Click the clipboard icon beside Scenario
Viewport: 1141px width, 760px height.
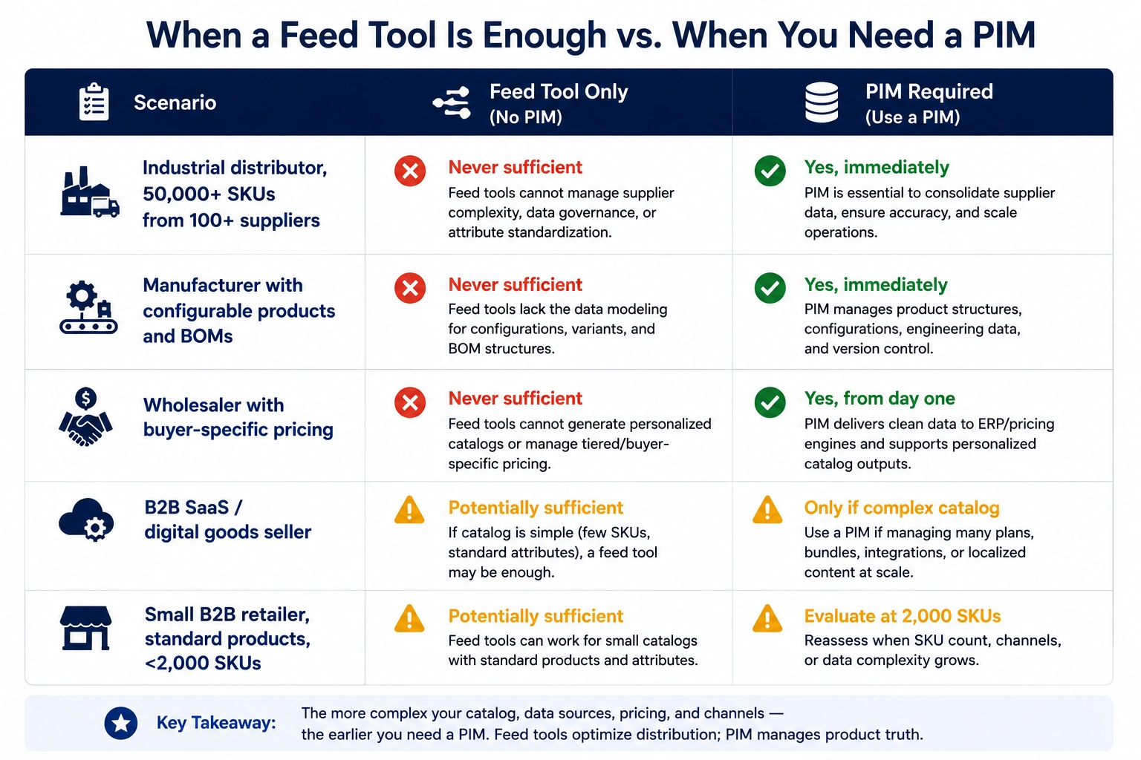(x=94, y=102)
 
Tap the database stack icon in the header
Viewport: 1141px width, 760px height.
(x=821, y=102)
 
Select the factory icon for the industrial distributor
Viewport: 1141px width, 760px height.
(x=90, y=192)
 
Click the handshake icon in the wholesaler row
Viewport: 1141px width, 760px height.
(x=85, y=417)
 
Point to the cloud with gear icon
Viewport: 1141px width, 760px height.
(x=86, y=520)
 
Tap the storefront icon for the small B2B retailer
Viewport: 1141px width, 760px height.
(x=85, y=628)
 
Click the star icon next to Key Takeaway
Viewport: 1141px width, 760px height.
(x=121, y=723)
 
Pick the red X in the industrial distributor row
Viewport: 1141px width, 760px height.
(x=410, y=171)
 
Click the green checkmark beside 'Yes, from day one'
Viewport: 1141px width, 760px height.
(x=770, y=402)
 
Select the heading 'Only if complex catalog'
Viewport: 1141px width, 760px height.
(x=902, y=508)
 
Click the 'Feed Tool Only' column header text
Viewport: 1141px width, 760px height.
(x=559, y=92)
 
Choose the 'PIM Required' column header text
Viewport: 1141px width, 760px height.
(x=929, y=91)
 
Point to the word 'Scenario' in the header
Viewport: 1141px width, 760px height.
(x=175, y=103)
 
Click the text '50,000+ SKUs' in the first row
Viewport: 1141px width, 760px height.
(x=209, y=194)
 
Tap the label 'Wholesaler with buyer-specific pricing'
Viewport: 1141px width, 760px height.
(x=238, y=417)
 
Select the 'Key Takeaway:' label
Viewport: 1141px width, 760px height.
(x=216, y=723)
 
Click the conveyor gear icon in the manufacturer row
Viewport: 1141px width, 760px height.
(x=88, y=307)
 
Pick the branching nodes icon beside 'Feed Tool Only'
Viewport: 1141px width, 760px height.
(x=452, y=103)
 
